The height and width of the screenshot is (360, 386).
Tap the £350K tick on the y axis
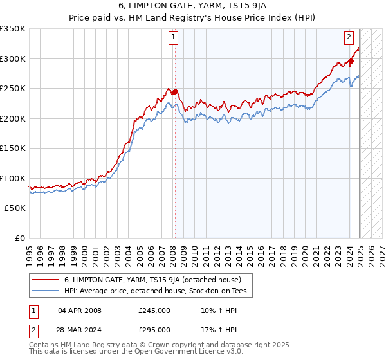pos(13,29)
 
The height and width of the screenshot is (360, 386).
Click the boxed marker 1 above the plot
pos(174,38)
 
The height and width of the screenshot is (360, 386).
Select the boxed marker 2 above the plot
pos(349,38)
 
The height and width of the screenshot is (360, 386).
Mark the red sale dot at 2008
pos(175,91)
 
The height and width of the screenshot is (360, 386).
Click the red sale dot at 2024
pos(351,62)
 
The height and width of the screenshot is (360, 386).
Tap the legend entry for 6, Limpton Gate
pos(152,280)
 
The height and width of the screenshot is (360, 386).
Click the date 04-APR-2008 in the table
pos(80,310)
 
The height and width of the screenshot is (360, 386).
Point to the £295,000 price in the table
pos(154,330)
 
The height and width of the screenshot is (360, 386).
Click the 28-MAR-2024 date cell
pos(80,330)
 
